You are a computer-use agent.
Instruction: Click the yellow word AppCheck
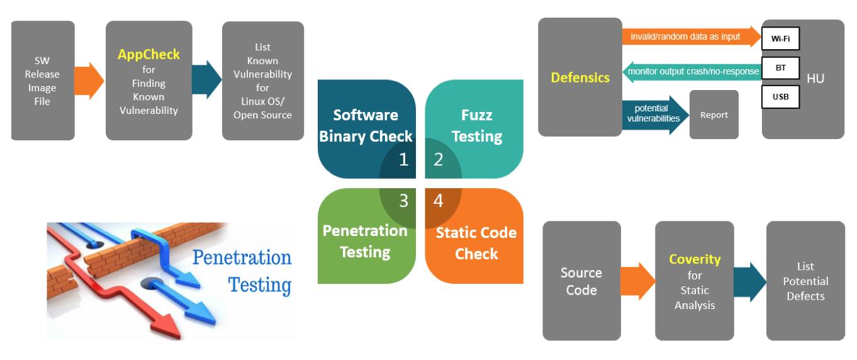(x=148, y=55)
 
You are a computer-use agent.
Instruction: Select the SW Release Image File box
(x=42, y=80)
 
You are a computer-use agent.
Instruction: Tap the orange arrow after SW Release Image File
(x=89, y=81)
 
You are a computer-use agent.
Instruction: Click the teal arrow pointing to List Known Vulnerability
(x=206, y=80)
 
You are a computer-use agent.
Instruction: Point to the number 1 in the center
(x=403, y=160)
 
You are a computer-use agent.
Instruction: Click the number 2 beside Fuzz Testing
(x=439, y=160)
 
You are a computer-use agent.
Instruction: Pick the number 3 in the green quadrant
(x=403, y=201)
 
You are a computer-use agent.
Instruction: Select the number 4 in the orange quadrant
(x=439, y=201)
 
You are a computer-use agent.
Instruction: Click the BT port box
(x=780, y=68)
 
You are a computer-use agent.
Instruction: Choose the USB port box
(x=780, y=98)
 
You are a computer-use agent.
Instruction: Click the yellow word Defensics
(x=580, y=77)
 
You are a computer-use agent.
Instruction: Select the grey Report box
(x=714, y=115)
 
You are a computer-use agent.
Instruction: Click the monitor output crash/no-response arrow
(x=692, y=72)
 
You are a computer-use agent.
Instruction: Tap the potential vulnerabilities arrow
(x=654, y=114)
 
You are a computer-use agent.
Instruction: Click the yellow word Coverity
(x=695, y=259)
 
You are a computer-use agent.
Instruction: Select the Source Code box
(x=581, y=281)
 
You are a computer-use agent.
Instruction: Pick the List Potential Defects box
(x=805, y=281)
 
